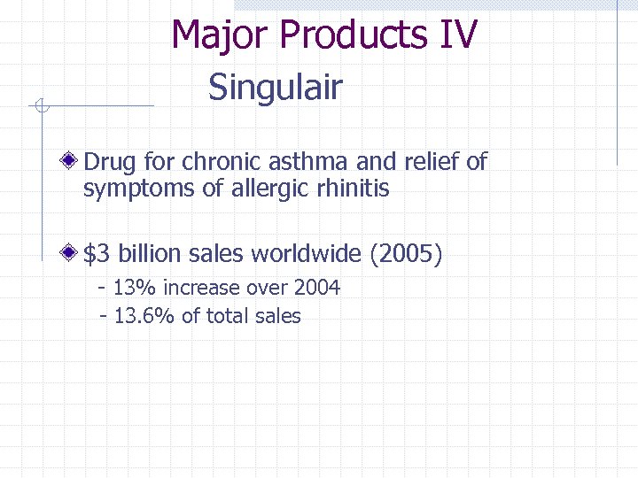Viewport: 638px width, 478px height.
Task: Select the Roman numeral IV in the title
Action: coord(457,35)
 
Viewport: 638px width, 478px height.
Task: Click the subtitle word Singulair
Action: coord(275,88)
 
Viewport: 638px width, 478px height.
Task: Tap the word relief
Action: coord(430,162)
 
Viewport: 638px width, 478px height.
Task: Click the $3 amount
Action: coord(96,255)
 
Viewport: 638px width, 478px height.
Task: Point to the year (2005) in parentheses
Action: coord(405,255)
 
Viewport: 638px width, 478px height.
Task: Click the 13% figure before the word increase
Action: coord(133,288)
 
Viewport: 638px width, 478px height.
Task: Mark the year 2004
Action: coord(316,288)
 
